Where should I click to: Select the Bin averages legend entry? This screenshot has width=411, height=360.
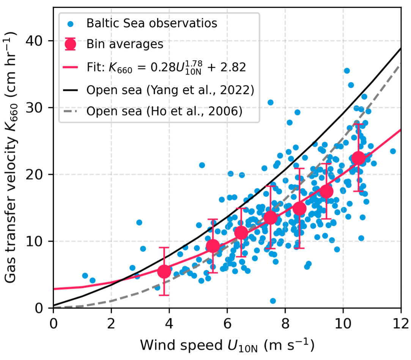click(x=125, y=44)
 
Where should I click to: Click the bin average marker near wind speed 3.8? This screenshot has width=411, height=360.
click(x=164, y=271)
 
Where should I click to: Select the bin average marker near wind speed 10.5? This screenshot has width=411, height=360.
click(x=358, y=158)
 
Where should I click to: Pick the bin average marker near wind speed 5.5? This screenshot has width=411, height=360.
click(x=213, y=246)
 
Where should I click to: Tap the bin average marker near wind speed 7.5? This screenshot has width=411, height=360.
click(x=271, y=218)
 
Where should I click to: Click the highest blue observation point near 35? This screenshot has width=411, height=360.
click(x=346, y=71)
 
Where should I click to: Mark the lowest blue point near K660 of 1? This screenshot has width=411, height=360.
click(x=272, y=301)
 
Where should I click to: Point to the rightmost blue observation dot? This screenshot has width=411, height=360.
click(x=393, y=151)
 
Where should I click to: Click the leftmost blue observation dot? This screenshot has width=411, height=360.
click(x=85, y=276)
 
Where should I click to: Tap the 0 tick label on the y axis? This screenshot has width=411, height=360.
click(x=39, y=308)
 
